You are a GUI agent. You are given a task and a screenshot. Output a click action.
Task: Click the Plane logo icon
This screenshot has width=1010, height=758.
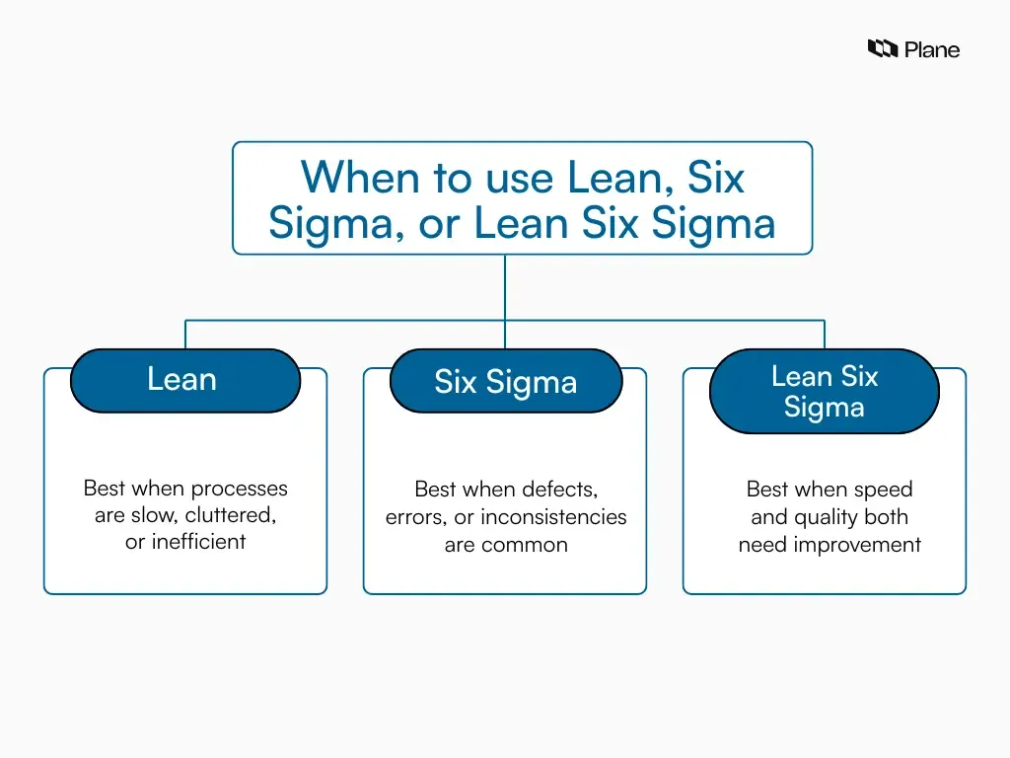pyautogui.click(x=882, y=48)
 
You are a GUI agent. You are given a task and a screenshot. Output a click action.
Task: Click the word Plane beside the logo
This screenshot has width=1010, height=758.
pyautogui.click(x=932, y=49)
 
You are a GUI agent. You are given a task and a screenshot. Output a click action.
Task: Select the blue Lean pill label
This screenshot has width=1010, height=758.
pyautogui.click(x=184, y=380)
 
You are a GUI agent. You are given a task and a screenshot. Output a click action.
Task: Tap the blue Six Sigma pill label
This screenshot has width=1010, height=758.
pyautogui.click(x=505, y=382)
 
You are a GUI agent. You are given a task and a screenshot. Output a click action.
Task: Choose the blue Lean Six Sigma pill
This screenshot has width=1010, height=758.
pyautogui.click(x=825, y=391)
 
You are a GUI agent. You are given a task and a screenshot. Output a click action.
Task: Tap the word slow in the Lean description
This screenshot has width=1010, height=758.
pyautogui.click(x=152, y=516)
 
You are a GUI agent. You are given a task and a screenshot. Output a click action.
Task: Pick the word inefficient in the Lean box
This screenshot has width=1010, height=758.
pyautogui.click(x=198, y=542)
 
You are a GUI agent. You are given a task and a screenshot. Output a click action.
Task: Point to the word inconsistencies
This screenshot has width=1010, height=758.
pyautogui.click(x=553, y=516)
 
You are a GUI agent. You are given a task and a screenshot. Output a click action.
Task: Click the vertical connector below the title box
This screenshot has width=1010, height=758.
pyautogui.click(x=505, y=286)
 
